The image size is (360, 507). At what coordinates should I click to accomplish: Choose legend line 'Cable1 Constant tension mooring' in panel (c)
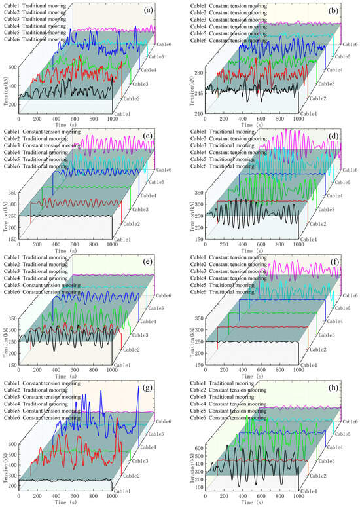pyautogui.click(x=43, y=133)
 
